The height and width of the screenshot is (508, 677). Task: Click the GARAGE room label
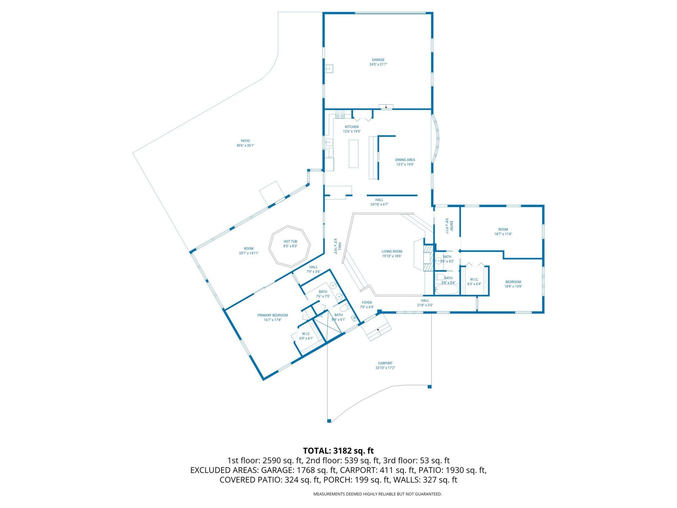click(378, 60)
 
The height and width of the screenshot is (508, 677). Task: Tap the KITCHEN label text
click(352, 127)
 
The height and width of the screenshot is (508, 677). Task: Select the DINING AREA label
click(405, 160)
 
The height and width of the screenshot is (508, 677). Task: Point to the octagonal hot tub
click(290, 246)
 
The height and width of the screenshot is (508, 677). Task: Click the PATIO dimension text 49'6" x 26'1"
click(245, 145)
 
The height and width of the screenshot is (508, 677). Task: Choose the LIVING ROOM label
click(392, 252)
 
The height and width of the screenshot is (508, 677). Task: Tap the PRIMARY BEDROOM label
click(273, 315)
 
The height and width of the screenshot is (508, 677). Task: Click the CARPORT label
click(385, 363)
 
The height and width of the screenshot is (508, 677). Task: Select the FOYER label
click(367, 303)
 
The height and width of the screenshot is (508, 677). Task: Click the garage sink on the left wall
click(329, 68)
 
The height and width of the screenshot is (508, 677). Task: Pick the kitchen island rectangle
click(353, 154)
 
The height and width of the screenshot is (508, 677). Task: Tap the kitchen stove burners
click(340, 114)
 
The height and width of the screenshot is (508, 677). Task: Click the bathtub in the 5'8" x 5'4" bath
click(447, 290)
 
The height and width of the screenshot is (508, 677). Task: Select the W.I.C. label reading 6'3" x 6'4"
click(474, 282)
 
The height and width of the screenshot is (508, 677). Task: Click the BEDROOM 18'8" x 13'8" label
click(513, 284)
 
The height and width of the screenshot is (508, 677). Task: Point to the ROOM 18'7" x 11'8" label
click(503, 232)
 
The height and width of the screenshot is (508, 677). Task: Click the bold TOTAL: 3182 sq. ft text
click(338, 451)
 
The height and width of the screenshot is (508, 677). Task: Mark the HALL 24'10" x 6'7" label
click(379, 202)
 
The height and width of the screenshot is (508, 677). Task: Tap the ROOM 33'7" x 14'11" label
click(249, 251)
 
